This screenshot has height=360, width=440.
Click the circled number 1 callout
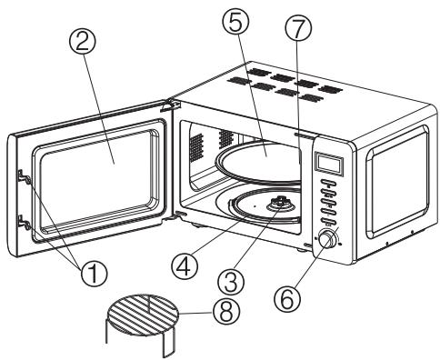(x=94, y=273)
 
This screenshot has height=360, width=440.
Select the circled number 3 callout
(x=232, y=282)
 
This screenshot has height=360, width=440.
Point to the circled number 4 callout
(x=185, y=265)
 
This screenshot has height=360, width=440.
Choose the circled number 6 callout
(x=287, y=297)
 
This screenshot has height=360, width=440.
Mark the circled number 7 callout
(x=298, y=28)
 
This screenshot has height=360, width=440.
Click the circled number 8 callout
(x=226, y=313)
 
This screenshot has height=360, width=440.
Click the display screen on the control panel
(x=329, y=163)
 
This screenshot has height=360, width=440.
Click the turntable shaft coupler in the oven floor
(x=280, y=204)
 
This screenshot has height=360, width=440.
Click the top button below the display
(x=329, y=183)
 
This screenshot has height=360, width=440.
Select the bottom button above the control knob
(x=328, y=221)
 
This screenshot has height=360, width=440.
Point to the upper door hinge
(x=170, y=105)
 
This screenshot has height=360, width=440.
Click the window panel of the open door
(x=97, y=179)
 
